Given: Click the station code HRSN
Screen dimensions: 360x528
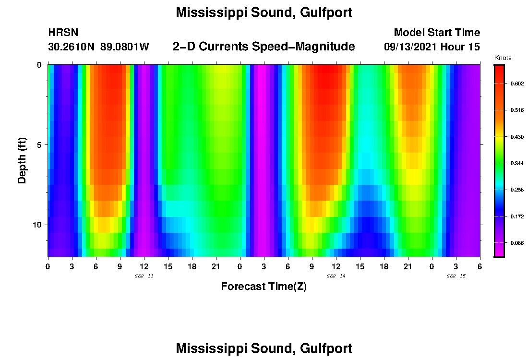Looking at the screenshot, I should coord(63,33).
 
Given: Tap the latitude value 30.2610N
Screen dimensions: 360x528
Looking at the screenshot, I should coord(72,47).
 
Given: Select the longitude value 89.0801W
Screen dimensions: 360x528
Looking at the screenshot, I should coord(125,47).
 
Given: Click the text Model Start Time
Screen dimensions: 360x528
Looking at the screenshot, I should coord(437,33).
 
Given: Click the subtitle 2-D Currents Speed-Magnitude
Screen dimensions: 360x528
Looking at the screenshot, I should coord(264,47).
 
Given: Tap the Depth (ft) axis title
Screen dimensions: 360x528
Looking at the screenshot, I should coord(22,160).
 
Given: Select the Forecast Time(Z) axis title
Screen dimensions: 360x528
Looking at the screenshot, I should coord(264,287).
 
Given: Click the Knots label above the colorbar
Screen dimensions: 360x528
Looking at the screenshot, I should coord(503,58).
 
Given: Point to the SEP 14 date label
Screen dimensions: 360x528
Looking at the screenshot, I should coord(336,276).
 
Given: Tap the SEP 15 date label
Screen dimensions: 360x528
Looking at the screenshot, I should coord(456,276).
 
